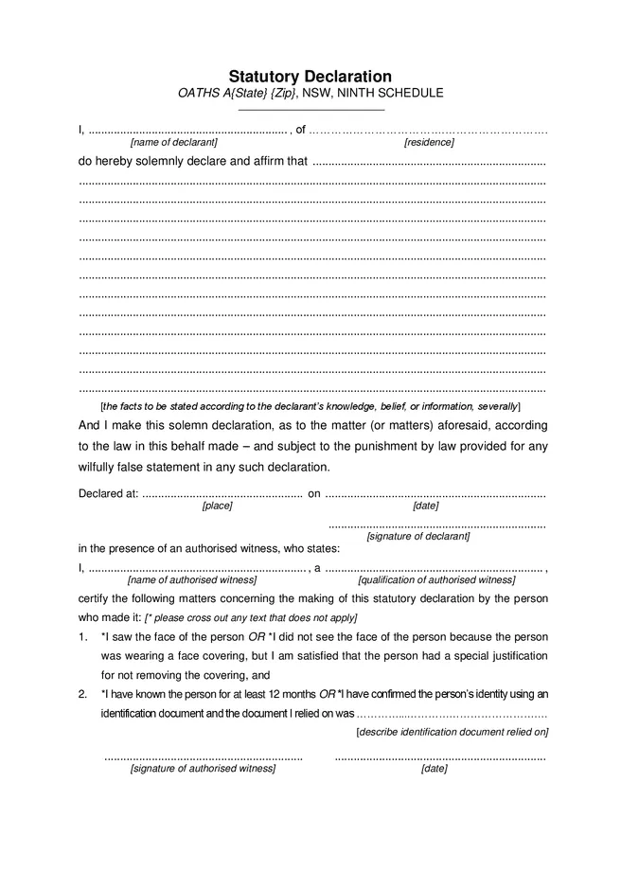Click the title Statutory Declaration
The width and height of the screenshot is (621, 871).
tap(310, 76)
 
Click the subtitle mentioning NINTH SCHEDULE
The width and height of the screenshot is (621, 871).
tap(310, 94)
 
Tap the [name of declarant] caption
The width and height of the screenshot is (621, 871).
tap(173, 142)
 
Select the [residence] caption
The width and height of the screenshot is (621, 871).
tap(429, 142)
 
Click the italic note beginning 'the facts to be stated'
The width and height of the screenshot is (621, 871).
tap(310, 405)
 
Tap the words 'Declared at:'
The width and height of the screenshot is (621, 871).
tap(108, 493)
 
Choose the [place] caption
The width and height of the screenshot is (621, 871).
tap(217, 506)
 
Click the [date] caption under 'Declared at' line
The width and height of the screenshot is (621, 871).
tap(425, 506)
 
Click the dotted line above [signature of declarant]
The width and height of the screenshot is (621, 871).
tap(436, 524)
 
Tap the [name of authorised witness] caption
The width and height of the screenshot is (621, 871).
tap(192, 579)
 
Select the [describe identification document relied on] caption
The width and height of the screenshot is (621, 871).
tap(452, 732)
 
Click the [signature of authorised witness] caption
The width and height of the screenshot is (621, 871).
tap(203, 769)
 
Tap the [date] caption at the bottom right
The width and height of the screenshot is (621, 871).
tap(434, 769)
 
